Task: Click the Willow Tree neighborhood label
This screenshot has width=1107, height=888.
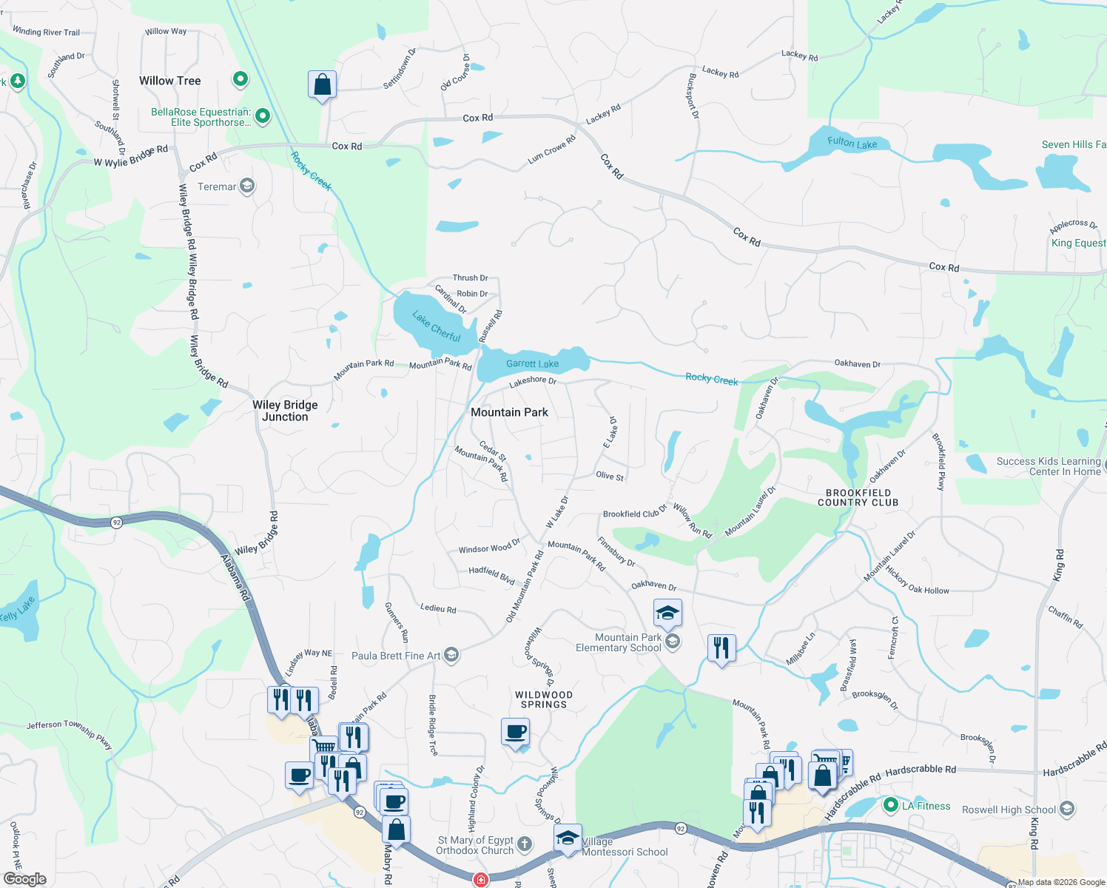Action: tap(169, 81)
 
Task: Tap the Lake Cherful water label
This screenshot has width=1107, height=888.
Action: tap(437, 326)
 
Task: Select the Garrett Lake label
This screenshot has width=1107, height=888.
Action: tap(532, 363)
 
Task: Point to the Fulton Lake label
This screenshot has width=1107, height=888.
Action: tap(852, 142)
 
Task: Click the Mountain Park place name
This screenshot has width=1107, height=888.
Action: tap(509, 412)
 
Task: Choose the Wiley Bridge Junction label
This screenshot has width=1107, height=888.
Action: tap(285, 411)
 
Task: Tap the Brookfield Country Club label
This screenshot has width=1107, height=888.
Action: tap(858, 497)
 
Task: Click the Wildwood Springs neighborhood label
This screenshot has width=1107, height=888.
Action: tap(543, 699)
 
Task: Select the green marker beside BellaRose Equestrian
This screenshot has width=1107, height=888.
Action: tap(262, 115)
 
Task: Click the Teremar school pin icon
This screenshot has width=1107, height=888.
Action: tap(247, 186)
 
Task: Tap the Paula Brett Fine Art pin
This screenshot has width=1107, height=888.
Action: tap(451, 655)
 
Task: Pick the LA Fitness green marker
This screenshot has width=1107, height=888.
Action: tap(890, 805)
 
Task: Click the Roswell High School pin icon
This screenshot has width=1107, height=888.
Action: tap(1066, 809)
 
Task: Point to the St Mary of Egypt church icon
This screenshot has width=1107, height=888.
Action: tap(525, 844)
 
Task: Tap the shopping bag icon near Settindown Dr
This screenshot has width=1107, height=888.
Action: tap(322, 85)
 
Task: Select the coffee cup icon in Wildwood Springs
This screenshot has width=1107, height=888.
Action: tap(515, 732)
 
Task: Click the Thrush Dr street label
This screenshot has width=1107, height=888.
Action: tap(470, 278)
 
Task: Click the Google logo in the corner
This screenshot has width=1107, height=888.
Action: tap(24, 879)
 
